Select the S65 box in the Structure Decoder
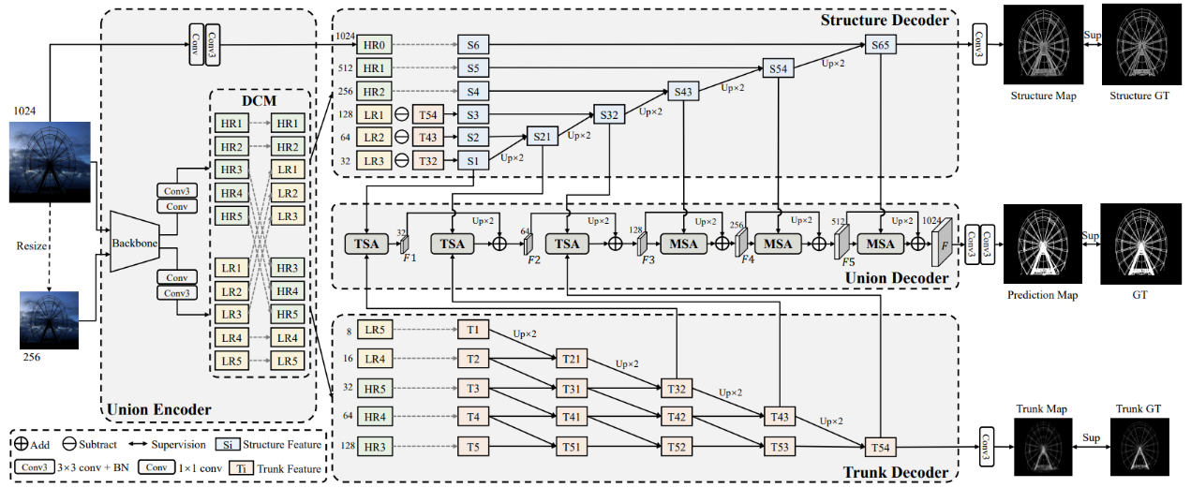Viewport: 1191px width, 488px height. click(880, 45)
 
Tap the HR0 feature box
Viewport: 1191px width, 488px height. click(372, 44)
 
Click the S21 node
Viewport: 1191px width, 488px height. click(541, 137)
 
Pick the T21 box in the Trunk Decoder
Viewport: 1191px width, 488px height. click(571, 360)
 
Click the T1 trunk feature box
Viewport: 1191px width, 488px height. click(472, 331)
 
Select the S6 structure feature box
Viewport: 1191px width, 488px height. click(472, 44)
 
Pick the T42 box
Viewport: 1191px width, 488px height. click(676, 417)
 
